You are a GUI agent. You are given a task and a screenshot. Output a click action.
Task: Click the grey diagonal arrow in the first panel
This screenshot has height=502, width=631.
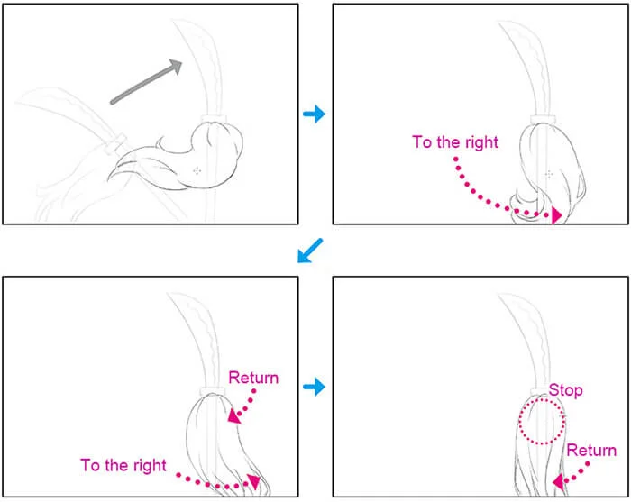tap(146, 81)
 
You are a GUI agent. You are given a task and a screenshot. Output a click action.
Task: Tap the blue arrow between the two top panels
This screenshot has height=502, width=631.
tap(314, 114)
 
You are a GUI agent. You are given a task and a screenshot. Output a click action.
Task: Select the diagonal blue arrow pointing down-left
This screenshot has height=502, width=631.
tap(310, 251)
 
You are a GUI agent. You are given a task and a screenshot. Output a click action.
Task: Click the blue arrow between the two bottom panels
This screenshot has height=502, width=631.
tap(314, 387)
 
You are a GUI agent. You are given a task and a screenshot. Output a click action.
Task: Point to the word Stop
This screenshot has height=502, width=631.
tap(565, 390)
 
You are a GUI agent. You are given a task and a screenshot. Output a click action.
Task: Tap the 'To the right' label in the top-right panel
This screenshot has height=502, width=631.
tap(455, 142)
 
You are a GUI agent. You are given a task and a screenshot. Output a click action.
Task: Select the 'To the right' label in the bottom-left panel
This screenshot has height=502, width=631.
tap(123, 465)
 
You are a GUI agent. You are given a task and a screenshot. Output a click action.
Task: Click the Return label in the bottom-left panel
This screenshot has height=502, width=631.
tap(253, 378)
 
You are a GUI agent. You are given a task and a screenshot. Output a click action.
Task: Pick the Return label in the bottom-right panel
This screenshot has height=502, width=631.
tap(591, 450)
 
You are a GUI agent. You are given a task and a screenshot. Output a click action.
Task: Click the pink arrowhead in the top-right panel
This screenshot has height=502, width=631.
tap(556, 215)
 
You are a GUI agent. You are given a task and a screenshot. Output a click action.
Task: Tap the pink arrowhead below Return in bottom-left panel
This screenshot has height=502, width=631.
tap(234, 416)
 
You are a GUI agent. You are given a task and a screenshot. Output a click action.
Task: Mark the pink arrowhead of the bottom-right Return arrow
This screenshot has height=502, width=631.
tap(559, 482)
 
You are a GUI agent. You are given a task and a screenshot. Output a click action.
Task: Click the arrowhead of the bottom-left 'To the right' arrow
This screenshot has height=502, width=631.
tap(254, 481)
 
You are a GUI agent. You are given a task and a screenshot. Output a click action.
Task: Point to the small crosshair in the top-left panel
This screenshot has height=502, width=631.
tap(197, 171)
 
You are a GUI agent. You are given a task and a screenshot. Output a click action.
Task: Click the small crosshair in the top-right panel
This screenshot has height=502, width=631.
tap(549, 174)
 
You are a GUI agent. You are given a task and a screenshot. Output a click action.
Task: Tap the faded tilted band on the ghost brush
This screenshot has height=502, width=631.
tap(114, 145)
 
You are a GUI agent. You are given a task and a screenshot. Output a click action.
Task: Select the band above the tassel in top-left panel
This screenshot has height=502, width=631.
tap(214, 119)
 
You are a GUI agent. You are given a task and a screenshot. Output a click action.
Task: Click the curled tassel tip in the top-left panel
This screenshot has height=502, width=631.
tap(114, 172)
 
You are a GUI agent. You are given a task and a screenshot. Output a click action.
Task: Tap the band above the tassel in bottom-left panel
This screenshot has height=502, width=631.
tap(212, 391)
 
